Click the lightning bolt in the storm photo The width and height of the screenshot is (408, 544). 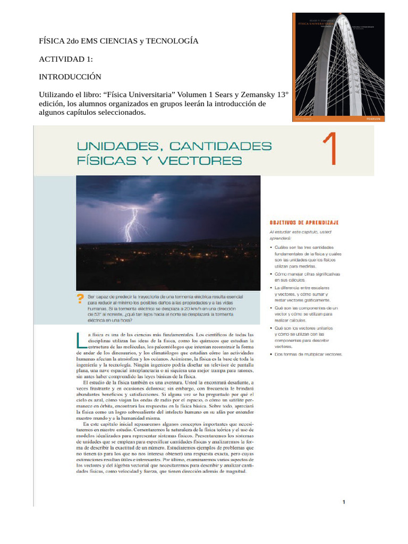click(x=133, y=224)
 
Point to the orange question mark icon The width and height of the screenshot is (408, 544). click(x=81, y=299)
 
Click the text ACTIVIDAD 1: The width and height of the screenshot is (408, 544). click(x=66, y=59)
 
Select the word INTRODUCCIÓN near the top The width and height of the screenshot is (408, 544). click(x=70, y=76)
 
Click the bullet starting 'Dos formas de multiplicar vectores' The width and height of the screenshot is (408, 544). click(x=308, y=354)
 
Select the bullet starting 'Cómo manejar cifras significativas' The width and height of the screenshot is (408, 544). click(x=307, y=276)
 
